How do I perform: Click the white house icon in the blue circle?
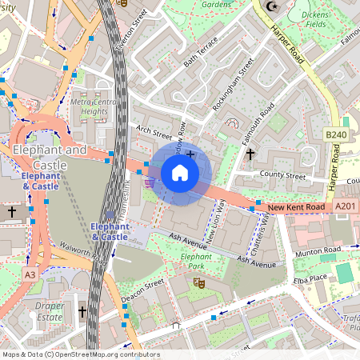click(x=180, y=172)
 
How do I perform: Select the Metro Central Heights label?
click(x=90, y=107)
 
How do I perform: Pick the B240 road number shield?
click(x=336, y=135)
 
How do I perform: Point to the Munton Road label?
click(x=318, y=250)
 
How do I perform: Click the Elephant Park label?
click(x=195, y=261)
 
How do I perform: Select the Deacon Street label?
click(x=142, y=290)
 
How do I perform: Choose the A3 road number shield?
click(x=30, y=274)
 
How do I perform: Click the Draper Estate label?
click(x=48, y=312)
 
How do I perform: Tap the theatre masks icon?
click(x=197, y=282)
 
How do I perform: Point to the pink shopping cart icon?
click(x=150, y=182)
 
